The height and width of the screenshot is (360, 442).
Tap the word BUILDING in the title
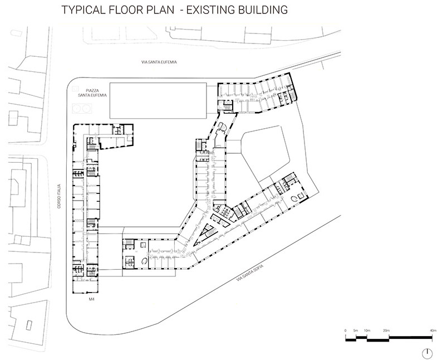tap(263, 10)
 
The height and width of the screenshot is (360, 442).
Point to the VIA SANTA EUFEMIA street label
tap(159, 62)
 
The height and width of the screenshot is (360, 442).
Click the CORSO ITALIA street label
tap(59, 196)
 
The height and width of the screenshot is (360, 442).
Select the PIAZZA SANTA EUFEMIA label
tap(92, 93)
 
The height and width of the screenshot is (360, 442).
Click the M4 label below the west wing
tap(91, 299)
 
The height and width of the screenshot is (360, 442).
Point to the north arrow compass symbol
tap(428, 353)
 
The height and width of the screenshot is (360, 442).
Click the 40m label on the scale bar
tap(433, 330)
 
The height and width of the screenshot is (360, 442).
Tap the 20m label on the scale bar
tap(386, 330)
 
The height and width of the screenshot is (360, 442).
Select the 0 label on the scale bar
tap(345, 330)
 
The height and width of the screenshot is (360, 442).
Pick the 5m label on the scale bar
tap(356, 330)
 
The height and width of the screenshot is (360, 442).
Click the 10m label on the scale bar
tap(367, 330)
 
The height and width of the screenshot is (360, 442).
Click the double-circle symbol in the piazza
tap(82, 108)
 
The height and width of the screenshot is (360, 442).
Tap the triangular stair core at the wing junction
tap(205, 234)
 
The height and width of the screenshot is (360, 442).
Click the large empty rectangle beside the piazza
tap(158, 100)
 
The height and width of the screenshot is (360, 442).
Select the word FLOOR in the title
tap(125, 10)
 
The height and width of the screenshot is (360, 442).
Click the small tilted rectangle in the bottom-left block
tap(29, 325)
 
